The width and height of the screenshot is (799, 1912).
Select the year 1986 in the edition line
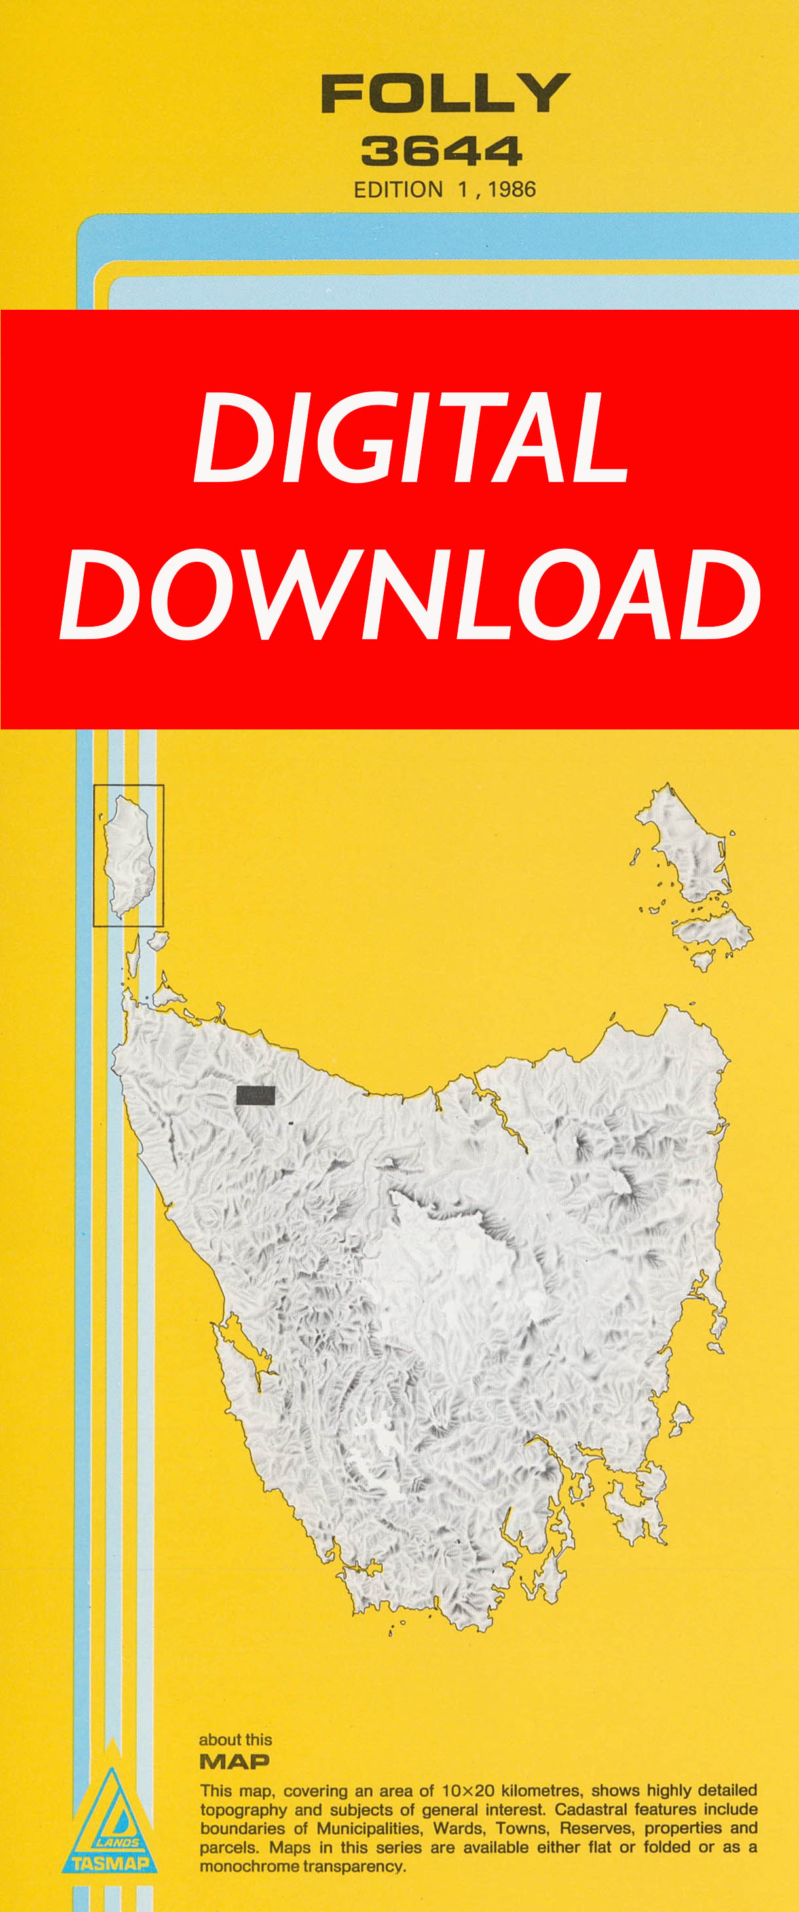click(x=511, y=190)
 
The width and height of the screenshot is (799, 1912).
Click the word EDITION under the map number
click(x=398, y=190)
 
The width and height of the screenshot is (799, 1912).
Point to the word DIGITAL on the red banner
click(x=411, y=439)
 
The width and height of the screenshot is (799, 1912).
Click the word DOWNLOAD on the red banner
click(x=410, y=595)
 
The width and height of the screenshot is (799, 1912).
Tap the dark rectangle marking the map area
click(x=255, y=1095)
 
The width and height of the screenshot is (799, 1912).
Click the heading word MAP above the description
click(x=234, y=1761)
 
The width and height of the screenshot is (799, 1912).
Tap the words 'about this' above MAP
click(x=235, y=1740)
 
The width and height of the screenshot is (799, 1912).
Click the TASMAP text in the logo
click(x=110, y=1863)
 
